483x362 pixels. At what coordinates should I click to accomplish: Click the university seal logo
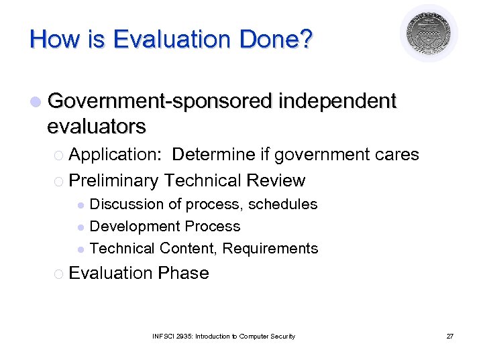[x=429, y=34]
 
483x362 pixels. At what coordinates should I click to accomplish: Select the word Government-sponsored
[x=160, y=101]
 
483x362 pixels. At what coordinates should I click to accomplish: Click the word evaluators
[x=97, y=125]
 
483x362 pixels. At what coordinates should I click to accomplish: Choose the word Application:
[x=115, y=155]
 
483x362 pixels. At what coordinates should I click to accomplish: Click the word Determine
[x=213, y=155]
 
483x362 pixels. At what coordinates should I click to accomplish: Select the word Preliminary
[x=113, y=181]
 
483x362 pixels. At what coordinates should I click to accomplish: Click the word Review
[x=276, y=181]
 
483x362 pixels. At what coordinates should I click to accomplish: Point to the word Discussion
[x=127, y=204]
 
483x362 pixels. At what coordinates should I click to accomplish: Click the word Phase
[x=183, y=274]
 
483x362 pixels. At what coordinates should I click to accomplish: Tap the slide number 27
[x=450, y=336]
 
